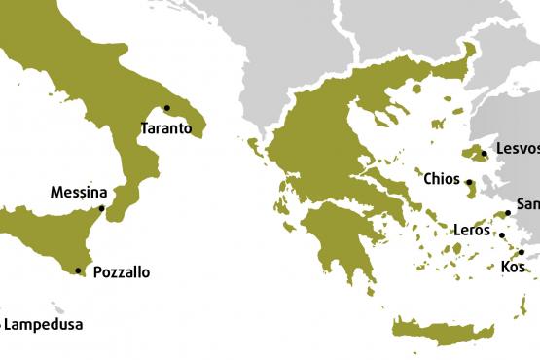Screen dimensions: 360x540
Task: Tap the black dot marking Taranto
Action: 166,108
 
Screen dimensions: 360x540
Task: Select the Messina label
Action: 78,193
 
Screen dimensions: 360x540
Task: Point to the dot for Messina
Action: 101,208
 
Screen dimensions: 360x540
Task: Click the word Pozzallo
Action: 121,273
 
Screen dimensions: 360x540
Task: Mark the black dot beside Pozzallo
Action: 78,270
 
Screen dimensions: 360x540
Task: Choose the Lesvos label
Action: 516,149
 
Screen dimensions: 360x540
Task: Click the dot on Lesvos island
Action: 484,153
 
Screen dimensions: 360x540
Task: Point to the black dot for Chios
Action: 469,182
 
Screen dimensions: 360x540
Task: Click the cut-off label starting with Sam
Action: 527,204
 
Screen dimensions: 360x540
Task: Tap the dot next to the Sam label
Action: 508,213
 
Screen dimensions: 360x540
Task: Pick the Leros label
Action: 473,231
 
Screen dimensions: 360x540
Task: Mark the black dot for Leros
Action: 501,234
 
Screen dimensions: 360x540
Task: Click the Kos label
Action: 513,267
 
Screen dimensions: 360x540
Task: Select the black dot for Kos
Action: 522,252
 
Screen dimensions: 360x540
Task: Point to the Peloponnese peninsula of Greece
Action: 336,243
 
